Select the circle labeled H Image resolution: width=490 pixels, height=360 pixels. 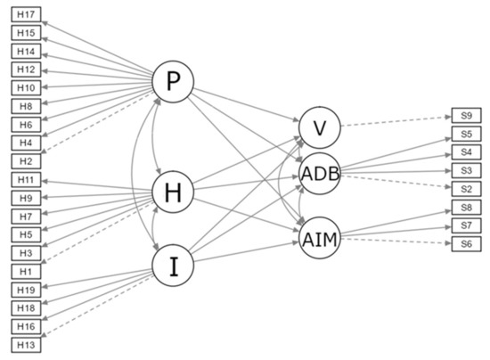(174, 191)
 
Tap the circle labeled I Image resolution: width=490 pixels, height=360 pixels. (174, 266)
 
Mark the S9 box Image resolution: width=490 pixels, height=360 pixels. (466, 116)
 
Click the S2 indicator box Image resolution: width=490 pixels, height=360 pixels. (466, 188)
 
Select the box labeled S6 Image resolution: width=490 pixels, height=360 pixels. (466, 243)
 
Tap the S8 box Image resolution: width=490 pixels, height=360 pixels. (466, 208)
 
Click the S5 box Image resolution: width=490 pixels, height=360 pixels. (466, 134)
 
